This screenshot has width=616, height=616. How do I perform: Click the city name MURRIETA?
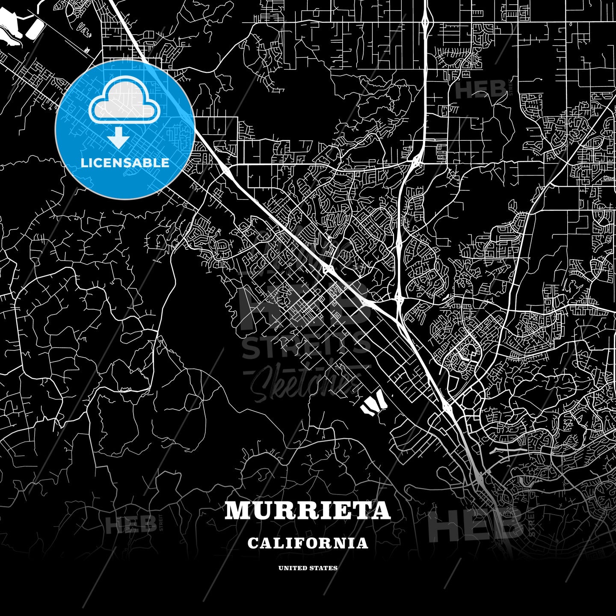tap(308, 510)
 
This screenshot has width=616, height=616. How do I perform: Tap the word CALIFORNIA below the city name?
tap(308, 543)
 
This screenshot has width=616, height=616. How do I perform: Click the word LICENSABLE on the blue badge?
tap(125, 163)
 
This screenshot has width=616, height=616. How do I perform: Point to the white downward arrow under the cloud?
tap(118, 138)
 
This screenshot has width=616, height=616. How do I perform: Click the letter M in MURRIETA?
tap(238, 510)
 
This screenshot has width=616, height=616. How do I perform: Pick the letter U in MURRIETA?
tap(264, 510)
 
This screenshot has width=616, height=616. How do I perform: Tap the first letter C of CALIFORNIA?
tap(252, 543)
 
